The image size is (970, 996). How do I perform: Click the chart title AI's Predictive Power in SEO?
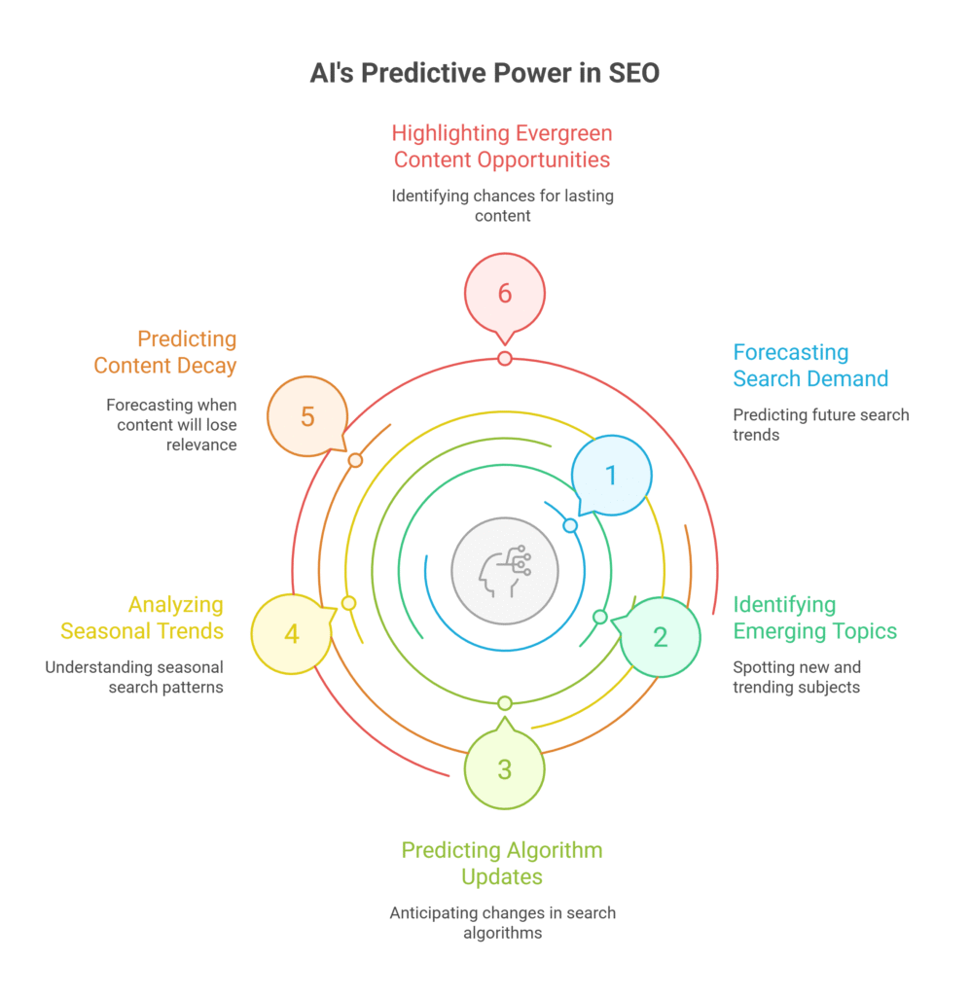pos(485,73)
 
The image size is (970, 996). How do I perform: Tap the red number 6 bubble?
pos(504,293)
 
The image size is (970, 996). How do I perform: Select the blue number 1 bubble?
pos(611,475)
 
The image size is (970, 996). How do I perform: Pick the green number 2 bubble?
pos(660,637)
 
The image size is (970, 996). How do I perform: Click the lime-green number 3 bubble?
pos(504,769)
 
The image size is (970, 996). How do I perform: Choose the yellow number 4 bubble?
pos(291,635)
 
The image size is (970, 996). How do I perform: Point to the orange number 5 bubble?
pos(306,416)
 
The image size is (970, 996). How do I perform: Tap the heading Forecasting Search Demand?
pos(810,366)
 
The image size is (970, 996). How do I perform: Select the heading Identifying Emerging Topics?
pos(814,618)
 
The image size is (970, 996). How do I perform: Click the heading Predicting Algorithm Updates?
pos(502,863)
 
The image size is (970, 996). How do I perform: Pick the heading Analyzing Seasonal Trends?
pos(142,618)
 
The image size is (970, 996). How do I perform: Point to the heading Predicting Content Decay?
pos(165,352)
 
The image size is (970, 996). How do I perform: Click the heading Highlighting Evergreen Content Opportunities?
pos(502,146)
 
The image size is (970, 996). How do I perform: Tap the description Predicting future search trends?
pos(820,424)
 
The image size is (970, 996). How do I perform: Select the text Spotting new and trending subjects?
pos(796,677)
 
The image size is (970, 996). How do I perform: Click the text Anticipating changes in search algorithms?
pos(502,922)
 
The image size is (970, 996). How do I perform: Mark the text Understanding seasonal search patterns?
pos(134,677)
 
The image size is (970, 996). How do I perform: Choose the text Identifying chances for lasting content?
pos(502,205)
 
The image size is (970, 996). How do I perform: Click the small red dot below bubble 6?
pos(504,359)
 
